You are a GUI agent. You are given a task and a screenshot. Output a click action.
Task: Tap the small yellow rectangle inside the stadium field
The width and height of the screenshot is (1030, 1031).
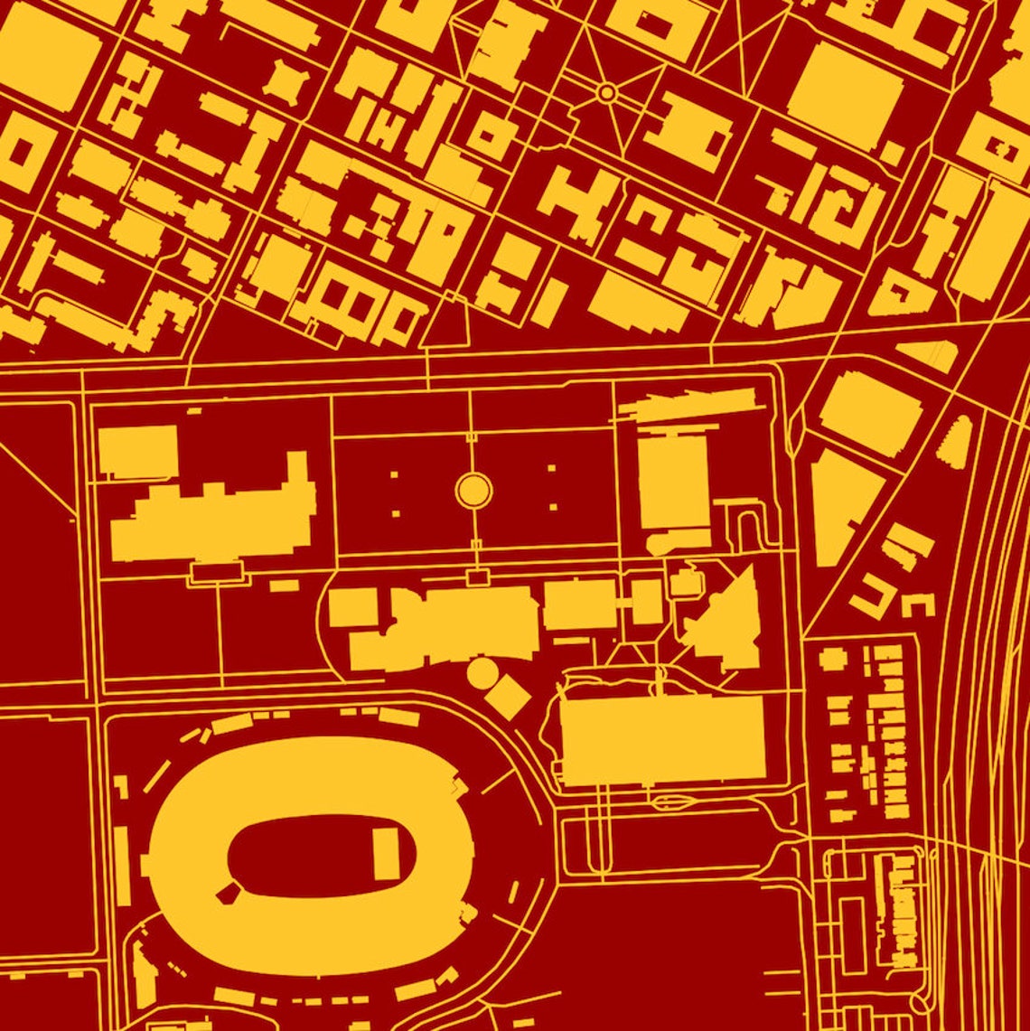tap(387, 855)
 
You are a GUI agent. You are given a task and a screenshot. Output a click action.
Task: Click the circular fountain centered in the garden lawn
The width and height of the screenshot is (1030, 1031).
tap(473, 490)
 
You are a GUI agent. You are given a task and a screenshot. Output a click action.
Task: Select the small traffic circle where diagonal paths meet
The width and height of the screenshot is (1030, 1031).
tap(607, 92)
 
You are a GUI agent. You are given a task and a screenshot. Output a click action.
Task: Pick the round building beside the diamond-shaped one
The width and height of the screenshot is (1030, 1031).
tap(482, 672)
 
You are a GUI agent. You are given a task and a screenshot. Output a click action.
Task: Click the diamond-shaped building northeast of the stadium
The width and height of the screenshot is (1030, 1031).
tap(509, 697)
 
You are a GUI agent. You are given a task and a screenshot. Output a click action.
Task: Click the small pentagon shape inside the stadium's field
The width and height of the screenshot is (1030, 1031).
tap(228, 893)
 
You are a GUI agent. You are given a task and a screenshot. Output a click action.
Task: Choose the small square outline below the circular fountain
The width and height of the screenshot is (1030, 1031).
tap(476, 576)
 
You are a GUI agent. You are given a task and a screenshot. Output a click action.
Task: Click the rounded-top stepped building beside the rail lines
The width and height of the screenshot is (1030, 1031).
tap(956, 444)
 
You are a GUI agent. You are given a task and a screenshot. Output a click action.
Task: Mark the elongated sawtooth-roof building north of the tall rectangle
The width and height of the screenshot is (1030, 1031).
tap(687, 406)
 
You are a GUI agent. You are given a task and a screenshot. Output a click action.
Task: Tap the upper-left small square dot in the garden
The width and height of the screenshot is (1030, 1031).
tap(394, 473)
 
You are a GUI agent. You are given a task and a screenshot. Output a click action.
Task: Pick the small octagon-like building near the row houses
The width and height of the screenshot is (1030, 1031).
tap(832, 658)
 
